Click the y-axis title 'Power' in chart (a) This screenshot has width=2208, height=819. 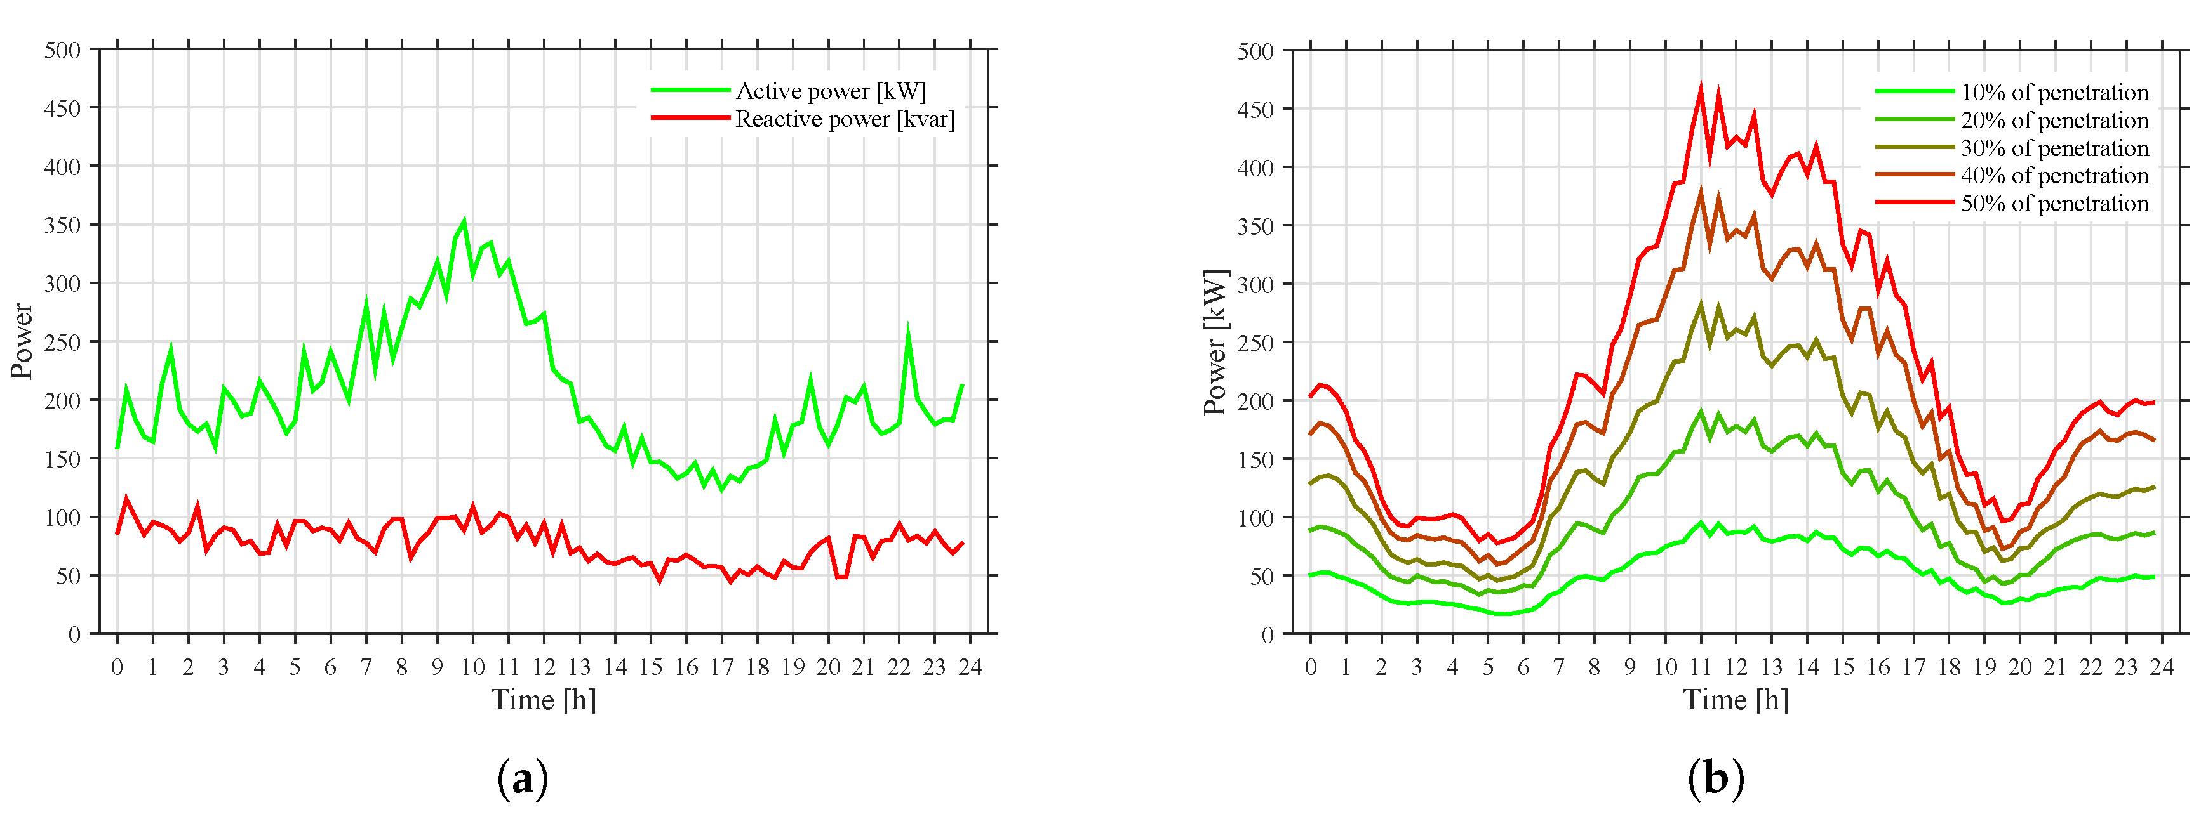22,341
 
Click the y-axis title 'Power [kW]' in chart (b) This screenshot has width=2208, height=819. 1215,343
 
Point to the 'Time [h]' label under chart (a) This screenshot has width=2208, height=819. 544,700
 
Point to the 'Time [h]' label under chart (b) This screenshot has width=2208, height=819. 1736,700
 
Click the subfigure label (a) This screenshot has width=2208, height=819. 522,780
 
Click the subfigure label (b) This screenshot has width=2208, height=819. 1715,780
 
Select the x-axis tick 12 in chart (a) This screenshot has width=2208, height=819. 544,667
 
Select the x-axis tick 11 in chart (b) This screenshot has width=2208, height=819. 1701,667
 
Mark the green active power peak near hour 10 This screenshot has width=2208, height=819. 465,221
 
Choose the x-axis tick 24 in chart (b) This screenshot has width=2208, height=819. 2162,667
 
